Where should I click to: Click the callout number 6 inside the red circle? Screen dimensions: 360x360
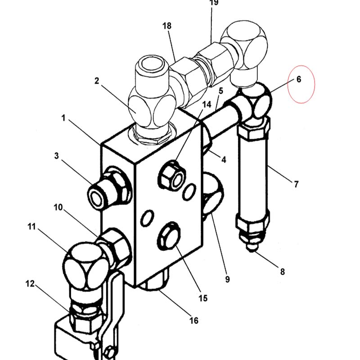point(299,80)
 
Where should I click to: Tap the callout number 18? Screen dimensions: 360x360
point(167,26)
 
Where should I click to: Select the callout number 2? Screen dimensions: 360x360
point(97,81)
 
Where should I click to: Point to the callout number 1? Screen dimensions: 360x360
point(63,118)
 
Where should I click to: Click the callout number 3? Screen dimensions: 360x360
point(57,156)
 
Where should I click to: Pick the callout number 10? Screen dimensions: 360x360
point(58,207)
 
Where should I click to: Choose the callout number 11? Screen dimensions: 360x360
point(31,227)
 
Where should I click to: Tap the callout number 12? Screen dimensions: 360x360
point(30,284)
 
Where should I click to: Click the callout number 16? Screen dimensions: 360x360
point(194,320)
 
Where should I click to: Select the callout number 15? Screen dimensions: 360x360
point(203,298)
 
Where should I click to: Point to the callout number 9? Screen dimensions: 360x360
point(227,279)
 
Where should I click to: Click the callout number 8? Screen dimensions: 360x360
point(283,272)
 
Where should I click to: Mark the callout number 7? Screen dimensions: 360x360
point(296,184)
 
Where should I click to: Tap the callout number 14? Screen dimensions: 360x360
point(207,104)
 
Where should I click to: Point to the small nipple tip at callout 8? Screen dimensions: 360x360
point(252,248)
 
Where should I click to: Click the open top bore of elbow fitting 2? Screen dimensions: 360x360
point(152,63)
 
